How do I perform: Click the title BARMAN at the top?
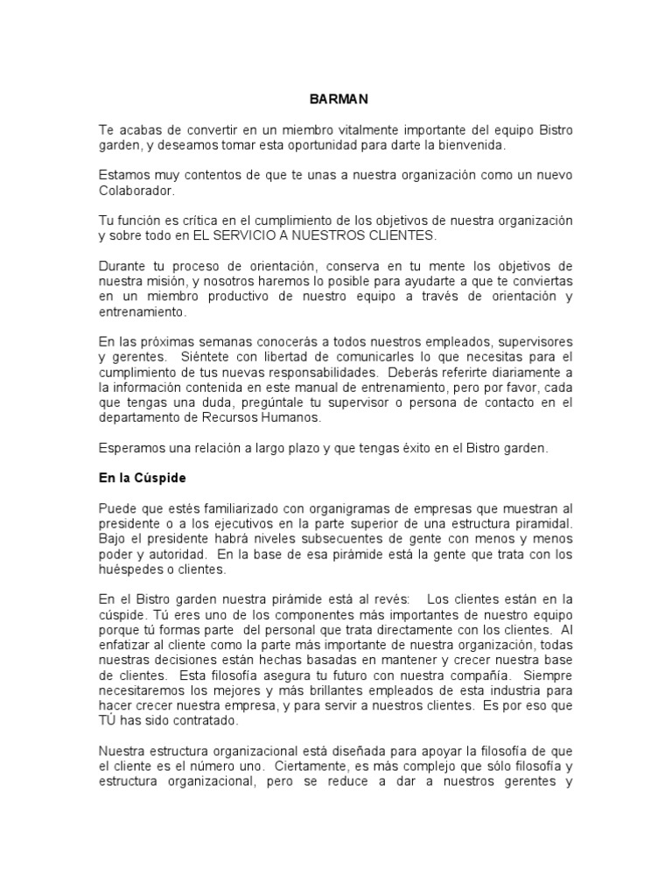336,100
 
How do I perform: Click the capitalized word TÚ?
108,722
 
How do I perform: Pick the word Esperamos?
131,448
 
